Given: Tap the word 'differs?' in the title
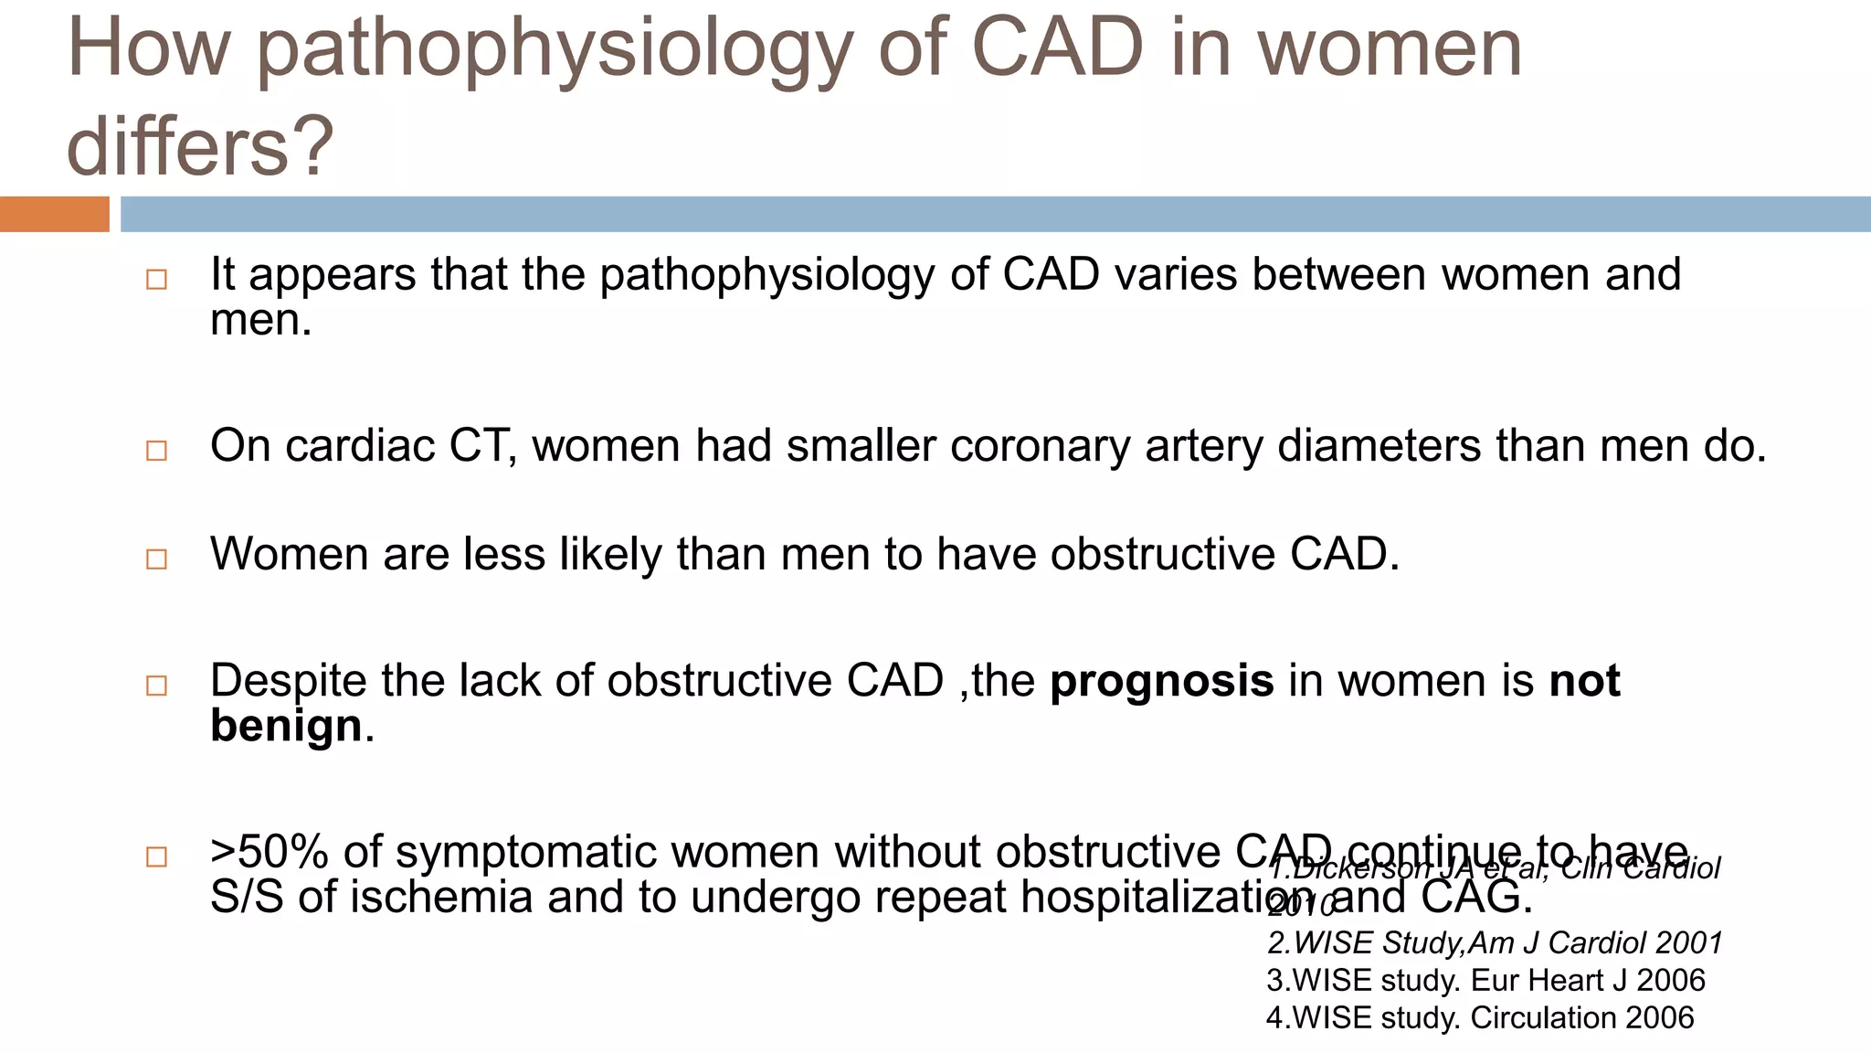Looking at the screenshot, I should pyautogui.click(x=200, y=146).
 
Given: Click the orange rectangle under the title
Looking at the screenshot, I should pyautogui.click(x=54, y=214).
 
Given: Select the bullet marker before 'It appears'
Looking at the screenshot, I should pyautogui.click(x=156, y=280).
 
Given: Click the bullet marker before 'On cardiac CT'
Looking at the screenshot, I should pyautogui.click(x=156, y=451).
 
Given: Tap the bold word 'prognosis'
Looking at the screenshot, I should pyautogui.click(x=1161, y=681).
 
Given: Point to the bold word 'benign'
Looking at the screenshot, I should pyautogui.click(x=286, y=726).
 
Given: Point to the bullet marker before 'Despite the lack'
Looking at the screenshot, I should pyautogui.click(x=156, y=686).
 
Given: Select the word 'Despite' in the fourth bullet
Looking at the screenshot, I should pyautogui.click(x=288, y=681).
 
